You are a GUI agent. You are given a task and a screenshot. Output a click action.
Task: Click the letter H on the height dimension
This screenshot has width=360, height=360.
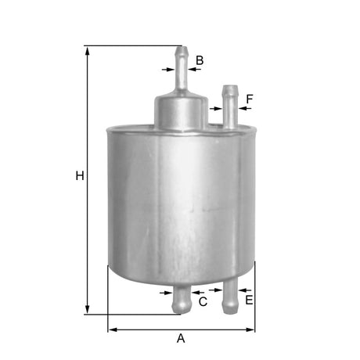click(x=79, y=176)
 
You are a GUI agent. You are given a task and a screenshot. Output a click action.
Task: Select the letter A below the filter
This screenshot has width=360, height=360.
click(x=182, y=338)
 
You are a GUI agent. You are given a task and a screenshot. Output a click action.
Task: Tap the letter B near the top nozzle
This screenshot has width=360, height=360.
click(x=200, y=60)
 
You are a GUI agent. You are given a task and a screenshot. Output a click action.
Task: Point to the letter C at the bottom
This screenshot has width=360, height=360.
click(x=203, y=301)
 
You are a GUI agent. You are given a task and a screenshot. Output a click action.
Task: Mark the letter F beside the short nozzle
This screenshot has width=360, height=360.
click(x=250, y=99)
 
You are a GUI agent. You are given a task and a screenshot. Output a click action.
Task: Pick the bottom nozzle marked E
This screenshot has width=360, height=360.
click(x=230, y=297)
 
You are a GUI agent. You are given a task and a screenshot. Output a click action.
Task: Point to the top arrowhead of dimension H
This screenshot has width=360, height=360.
click(x=88, y=50)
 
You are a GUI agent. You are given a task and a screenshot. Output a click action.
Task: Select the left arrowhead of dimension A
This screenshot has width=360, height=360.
click(x=112, y=329)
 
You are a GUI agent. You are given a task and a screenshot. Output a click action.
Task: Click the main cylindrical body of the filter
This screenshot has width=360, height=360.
click(x=181, y=203)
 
